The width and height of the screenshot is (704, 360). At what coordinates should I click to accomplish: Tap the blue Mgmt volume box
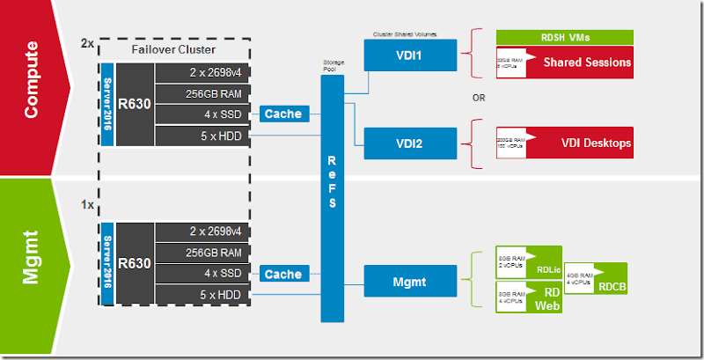tap(407, 281)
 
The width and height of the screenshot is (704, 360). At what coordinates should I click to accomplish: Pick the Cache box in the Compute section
tap(282, 114)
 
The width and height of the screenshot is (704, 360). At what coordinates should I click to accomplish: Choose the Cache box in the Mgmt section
tap(282, 275)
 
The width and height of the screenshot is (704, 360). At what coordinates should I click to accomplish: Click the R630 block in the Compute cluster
tap(136, 101)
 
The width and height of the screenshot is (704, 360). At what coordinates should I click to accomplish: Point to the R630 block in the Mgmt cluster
tap(136, 262)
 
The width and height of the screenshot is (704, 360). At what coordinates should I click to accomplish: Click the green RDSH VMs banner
tap(565, 37)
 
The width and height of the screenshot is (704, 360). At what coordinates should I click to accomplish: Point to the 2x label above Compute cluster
tap(87, 41)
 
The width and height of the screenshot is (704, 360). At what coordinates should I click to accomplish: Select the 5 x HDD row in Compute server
tap(202, 136)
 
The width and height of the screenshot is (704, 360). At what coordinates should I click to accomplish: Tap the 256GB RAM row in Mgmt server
tap(202, 253)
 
